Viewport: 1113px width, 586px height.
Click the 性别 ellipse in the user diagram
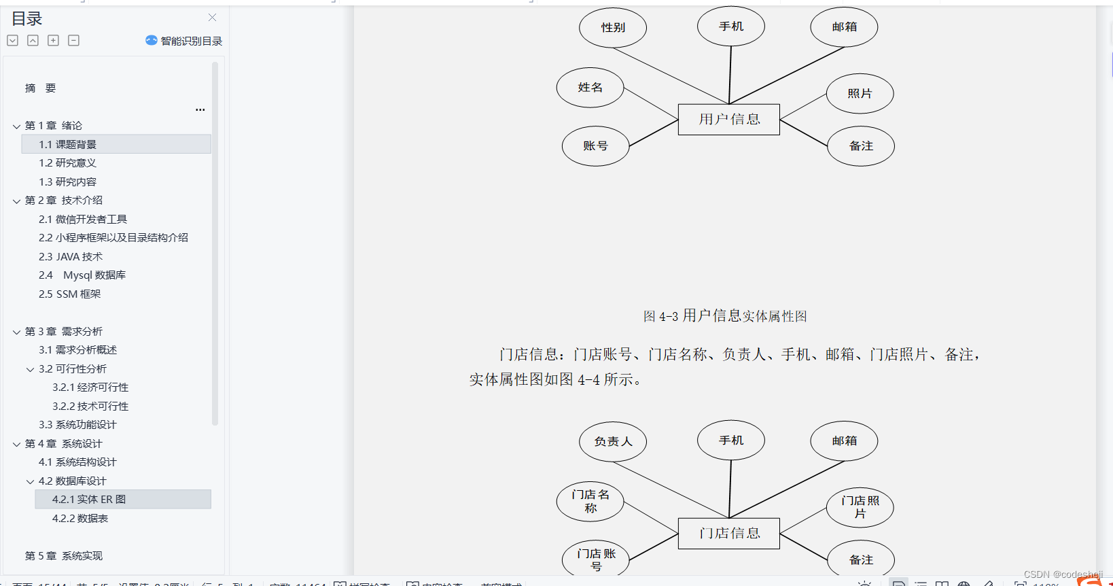click(613, 28)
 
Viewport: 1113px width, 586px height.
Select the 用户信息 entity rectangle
click(729, 120)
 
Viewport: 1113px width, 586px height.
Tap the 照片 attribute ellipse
click(860, 94)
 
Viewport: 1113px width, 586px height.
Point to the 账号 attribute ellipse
click(595, 146)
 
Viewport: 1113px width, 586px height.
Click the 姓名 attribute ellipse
click(590, 88)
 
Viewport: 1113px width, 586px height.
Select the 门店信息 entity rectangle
click(729, 534)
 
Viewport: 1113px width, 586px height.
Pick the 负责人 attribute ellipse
click(613, 442)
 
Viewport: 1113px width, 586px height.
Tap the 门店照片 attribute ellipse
click(860, 508)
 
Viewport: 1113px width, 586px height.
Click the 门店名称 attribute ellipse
click(590, 502)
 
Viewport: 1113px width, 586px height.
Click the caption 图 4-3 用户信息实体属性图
click(725, 316)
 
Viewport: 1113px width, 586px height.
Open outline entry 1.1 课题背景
click(67, 145)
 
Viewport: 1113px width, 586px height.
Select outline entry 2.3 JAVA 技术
click(71, 257)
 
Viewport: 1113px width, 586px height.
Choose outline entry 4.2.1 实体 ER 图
click(89, 500)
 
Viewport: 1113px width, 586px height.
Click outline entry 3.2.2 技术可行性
click(90, 407)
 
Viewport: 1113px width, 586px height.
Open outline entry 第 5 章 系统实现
click(64, 556)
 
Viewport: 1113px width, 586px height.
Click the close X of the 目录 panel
click(213, 18)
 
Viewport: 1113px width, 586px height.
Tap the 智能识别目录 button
click(184, 41)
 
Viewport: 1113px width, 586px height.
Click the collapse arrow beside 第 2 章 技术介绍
click(16, 201)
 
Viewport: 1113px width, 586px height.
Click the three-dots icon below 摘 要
click(200, 109)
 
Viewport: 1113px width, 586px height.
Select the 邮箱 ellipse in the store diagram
click(844, 441)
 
